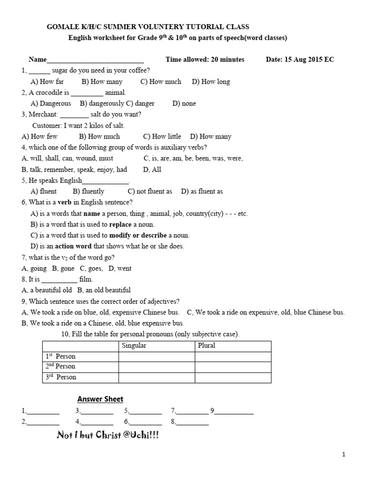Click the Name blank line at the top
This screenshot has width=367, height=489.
[x=95, y=60]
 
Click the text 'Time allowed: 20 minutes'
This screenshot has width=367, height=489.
[x=205, y=60]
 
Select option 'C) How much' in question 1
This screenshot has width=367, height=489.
[x=161, y=82]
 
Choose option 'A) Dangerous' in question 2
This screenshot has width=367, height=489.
[x=51, y=104]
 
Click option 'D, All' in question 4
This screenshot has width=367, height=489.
[x=152, y=170]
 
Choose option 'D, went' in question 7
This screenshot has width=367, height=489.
[x=120, y=268]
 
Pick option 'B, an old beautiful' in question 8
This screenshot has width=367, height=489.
[x=104, y=290]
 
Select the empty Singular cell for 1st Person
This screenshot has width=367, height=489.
[x=156, y=356]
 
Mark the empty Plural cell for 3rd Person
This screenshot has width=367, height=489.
[x=233, y=377]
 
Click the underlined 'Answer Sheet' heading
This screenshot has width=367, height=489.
[x=100, y=399]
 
